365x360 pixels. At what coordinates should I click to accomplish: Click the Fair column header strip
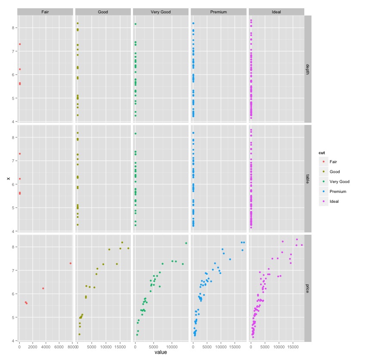pos(45,12)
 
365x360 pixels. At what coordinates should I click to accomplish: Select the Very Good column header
pos(161,12)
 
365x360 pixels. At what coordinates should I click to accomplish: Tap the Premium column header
pos(218,12)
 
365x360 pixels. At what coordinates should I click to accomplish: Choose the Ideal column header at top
pos(276,12)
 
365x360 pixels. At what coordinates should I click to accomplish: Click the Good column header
pos(103,12)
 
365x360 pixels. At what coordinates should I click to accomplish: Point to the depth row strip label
pos(307,69)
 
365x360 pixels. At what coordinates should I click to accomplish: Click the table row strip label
pos(307,179)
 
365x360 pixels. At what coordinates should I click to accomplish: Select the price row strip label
pos(307,288)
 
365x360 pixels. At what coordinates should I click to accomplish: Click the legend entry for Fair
pos(333,162)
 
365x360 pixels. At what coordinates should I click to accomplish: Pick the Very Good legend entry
pos(339,182)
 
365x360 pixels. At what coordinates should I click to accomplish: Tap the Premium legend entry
pos(337,192)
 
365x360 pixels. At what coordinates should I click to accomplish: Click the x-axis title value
pos(161,352)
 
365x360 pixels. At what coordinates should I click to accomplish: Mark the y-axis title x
pos(8,179)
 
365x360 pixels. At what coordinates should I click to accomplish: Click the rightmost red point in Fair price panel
pos(70,263)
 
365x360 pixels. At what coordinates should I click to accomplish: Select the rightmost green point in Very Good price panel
pos(186,243)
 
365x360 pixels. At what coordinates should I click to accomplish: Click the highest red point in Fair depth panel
pos(20,44)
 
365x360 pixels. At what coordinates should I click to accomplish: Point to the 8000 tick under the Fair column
pos(70,347)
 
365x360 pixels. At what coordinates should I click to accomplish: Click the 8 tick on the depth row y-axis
pos(12,28)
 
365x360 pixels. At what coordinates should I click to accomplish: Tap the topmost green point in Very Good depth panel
pos(136,24)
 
